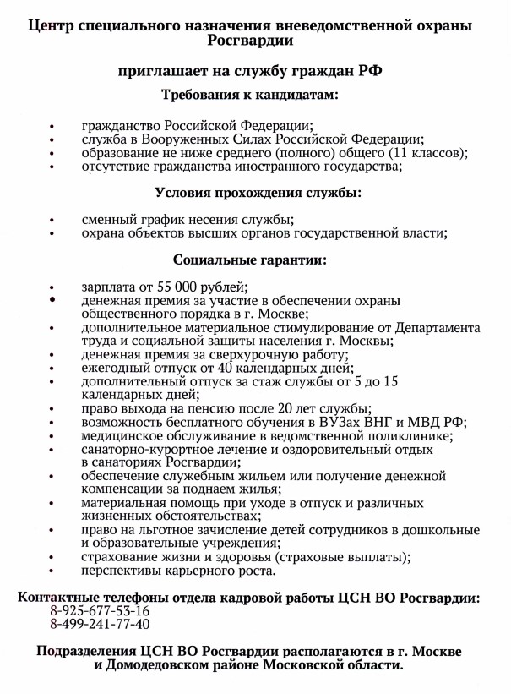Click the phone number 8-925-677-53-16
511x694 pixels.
click(100, 610)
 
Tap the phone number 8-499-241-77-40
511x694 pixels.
click(100, 625)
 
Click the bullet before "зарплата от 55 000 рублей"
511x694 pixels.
click(52, 287)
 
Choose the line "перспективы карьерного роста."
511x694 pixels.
click(178, 571)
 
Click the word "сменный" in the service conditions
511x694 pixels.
click(106, 219)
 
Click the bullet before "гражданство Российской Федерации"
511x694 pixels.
click(52, 127)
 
